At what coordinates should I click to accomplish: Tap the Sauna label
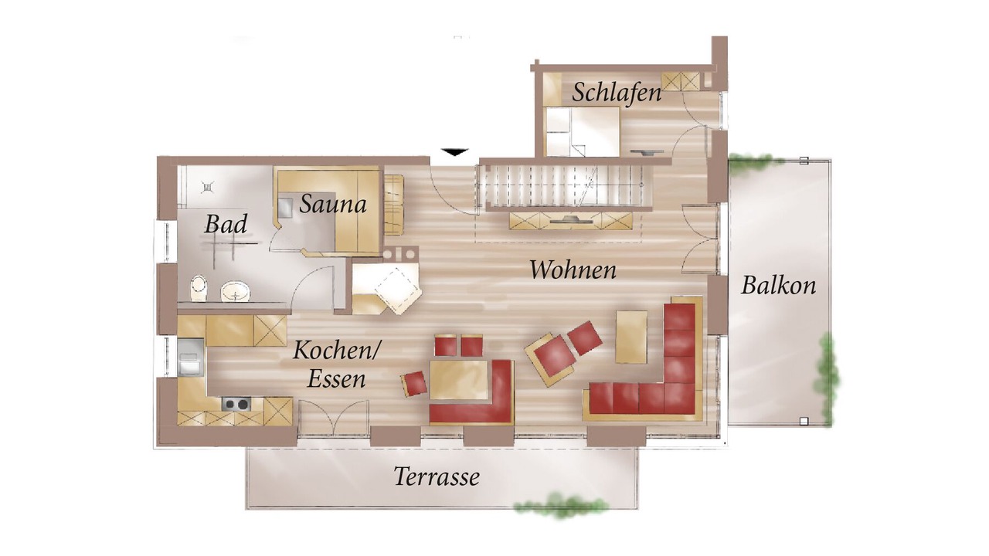point(333,205)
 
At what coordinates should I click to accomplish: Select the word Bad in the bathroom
point(225,224)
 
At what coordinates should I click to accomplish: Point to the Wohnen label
point(573,270)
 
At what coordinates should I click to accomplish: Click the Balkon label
point(778,285)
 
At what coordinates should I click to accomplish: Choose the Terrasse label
point(437,476)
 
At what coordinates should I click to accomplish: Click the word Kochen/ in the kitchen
point(335,351)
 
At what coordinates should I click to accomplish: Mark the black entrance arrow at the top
point(455,152)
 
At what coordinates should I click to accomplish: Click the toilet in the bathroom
point(199,288)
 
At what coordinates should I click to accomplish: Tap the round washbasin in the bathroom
point(236,292)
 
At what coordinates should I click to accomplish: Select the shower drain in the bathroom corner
point(208,188)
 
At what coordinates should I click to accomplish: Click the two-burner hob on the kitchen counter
point(236,404)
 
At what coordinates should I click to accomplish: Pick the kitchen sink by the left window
point(190,358)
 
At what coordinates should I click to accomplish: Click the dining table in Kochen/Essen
point(459,380)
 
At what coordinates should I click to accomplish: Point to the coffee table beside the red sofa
point(631,337)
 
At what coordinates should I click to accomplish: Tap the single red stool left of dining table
point(414,384)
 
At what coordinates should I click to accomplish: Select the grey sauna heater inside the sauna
point(285,208)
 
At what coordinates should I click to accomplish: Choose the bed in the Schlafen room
point(582,131)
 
